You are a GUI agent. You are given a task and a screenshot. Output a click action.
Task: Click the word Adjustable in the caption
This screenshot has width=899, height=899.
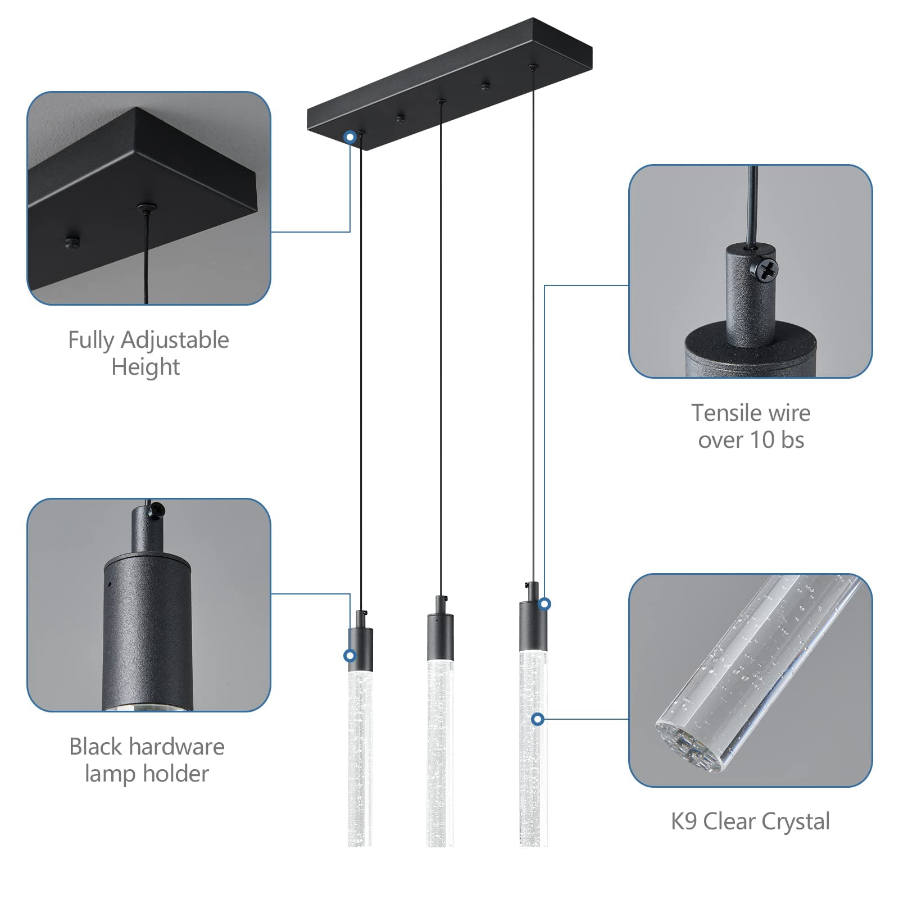click(x=175, y=340)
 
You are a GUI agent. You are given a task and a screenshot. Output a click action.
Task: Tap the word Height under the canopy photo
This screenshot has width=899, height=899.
click(x=146, y=367)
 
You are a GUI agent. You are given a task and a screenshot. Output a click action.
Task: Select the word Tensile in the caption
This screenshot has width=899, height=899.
click(x=727, y=413)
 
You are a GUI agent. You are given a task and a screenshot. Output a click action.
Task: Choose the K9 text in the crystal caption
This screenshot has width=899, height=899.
click(x=684, y=821)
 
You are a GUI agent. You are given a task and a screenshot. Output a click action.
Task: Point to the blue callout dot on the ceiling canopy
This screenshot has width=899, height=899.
click(x=350, y=137)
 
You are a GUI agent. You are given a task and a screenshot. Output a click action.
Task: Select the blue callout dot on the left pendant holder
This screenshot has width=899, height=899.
click(x=350, y=656)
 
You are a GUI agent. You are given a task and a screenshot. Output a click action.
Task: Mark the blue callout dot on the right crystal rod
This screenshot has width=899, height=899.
click(x=538, y=719)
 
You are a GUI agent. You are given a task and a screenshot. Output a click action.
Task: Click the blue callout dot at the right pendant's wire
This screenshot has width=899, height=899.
click(x=544, y=604)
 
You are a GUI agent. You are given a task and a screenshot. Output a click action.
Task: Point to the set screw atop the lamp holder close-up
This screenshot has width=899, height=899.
click(x=156, y=510)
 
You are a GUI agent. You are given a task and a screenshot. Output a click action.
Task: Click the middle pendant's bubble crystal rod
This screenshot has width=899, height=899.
click(x=440, y=753)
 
